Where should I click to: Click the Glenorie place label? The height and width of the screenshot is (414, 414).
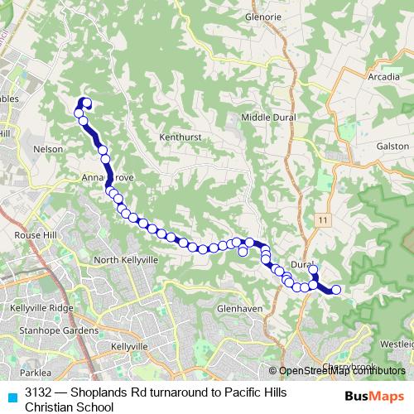coord(265,16)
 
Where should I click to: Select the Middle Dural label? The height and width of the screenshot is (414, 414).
coord(267,118)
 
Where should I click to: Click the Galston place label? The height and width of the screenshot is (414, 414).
coord(392,146)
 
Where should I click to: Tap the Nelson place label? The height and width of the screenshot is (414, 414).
coord(47,149)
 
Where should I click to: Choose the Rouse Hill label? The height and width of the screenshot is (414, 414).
coord(34,233)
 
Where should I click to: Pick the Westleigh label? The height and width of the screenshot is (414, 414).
coord(397,343)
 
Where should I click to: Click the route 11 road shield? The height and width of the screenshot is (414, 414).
coord(322,218)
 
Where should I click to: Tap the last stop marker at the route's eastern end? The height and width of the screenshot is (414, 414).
coord(336,290)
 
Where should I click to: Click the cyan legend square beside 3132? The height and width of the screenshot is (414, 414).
coord(12,395)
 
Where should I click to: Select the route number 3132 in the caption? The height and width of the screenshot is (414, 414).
coord(38,392)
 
